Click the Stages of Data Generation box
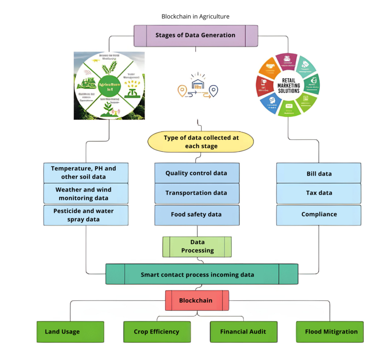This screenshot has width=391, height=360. click(x=195, y=36)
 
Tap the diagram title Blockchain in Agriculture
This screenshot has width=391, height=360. click(x=195, y=16)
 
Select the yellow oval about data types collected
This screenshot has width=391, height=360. click(x=200, y=142)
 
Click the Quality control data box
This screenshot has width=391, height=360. click(x=196, y=173)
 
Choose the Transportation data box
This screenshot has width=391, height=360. click(x=196, y=193)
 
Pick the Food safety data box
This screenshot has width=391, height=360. click(x=196, y=215)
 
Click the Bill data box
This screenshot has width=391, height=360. click(x=318, y=174)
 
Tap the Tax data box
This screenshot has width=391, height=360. click(x=318, y=193)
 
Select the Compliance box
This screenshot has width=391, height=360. click(x=318, y=215)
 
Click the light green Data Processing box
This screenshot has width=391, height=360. click(x=197, y=247)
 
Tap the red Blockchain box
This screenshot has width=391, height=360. click(x=197, y=300)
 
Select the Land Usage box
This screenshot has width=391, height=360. click(x=70, y=331)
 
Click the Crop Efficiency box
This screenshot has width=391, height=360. click(x=157, y=331)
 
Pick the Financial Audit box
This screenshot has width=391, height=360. click(x=243, y=331)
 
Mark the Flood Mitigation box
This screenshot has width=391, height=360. click(x=330, y=331)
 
